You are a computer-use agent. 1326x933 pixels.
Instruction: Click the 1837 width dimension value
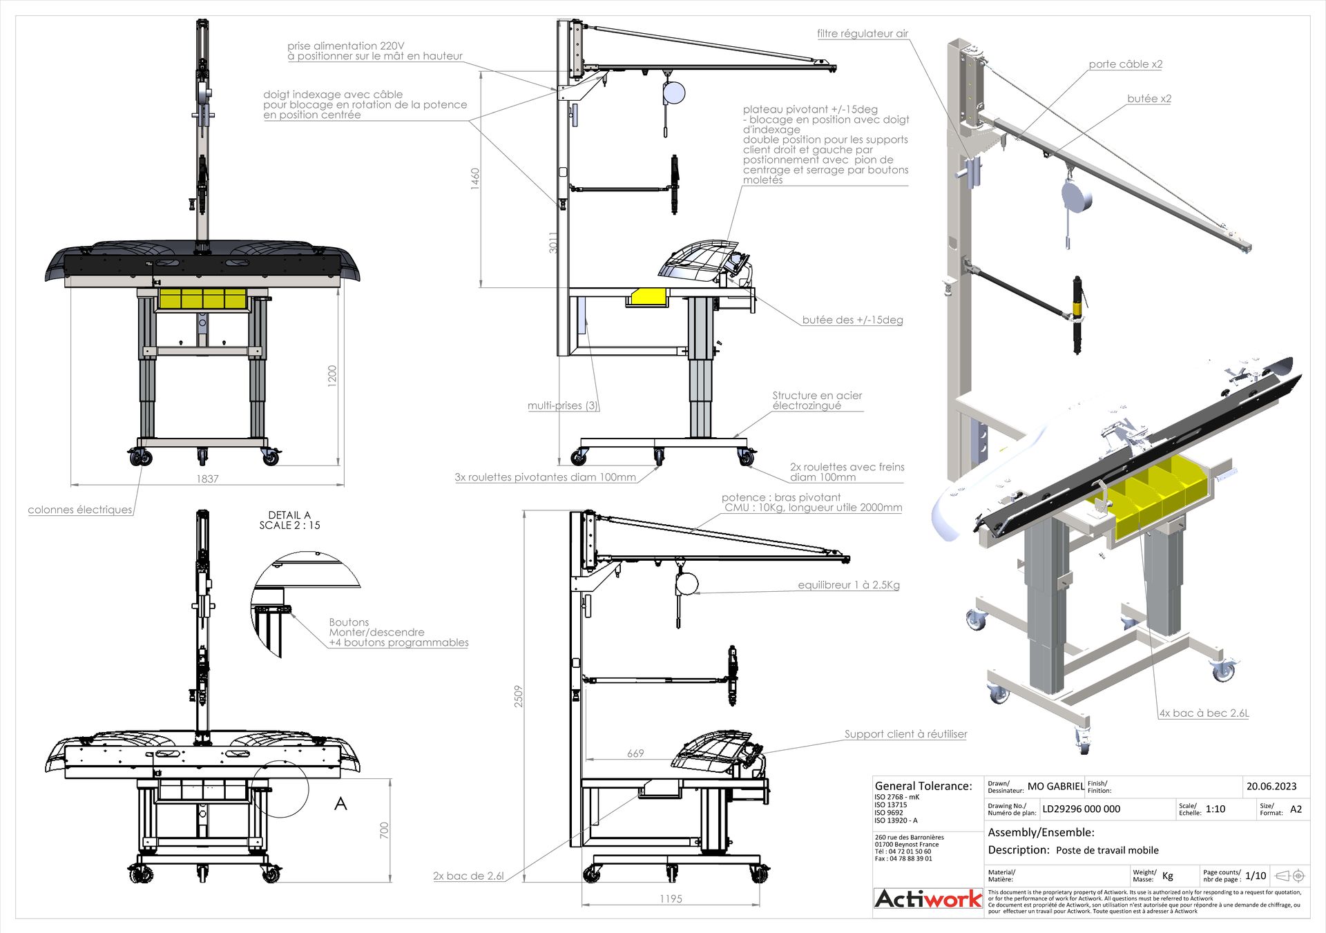point(207,479)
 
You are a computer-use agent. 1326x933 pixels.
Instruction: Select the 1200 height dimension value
point(332,376)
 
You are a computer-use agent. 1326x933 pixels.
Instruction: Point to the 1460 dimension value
point(474,179)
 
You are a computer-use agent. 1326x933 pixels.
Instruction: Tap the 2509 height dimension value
point(518,696)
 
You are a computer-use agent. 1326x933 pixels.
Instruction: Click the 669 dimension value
point(635,753)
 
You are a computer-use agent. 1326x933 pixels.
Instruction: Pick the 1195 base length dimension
point(671,898)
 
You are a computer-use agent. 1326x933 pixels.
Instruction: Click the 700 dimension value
point(385,830)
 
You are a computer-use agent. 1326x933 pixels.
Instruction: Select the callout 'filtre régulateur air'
point(863,33)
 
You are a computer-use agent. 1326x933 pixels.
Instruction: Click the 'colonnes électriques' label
point(80,510)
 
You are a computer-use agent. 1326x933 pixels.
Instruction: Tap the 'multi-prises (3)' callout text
point(563,405)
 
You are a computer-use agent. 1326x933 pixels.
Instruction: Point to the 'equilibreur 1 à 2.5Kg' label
point(849,585)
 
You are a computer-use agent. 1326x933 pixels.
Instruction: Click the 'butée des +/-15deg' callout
point(852,320)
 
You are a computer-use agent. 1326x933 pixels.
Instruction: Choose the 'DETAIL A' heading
point(289,515)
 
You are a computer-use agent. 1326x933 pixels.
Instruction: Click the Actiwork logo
point(928,898)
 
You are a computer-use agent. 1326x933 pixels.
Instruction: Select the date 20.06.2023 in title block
point(1271,786)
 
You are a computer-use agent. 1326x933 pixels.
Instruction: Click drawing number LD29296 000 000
point(1081,809)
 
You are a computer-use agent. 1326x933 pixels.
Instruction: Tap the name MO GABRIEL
point(1055,786)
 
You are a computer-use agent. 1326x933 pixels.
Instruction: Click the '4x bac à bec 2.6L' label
point(1204,713)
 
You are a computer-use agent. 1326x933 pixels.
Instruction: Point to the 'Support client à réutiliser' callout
point(905,734)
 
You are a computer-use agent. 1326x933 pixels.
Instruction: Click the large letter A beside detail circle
point(340,804)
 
